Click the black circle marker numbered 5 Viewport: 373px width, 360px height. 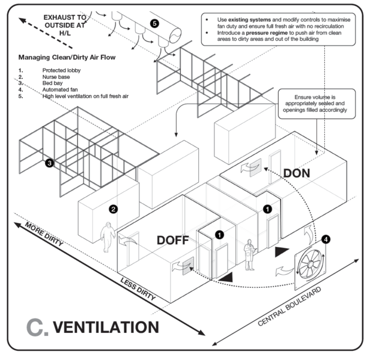154,23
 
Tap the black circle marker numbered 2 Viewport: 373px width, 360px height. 112,210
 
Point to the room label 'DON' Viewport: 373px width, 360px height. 296,173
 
